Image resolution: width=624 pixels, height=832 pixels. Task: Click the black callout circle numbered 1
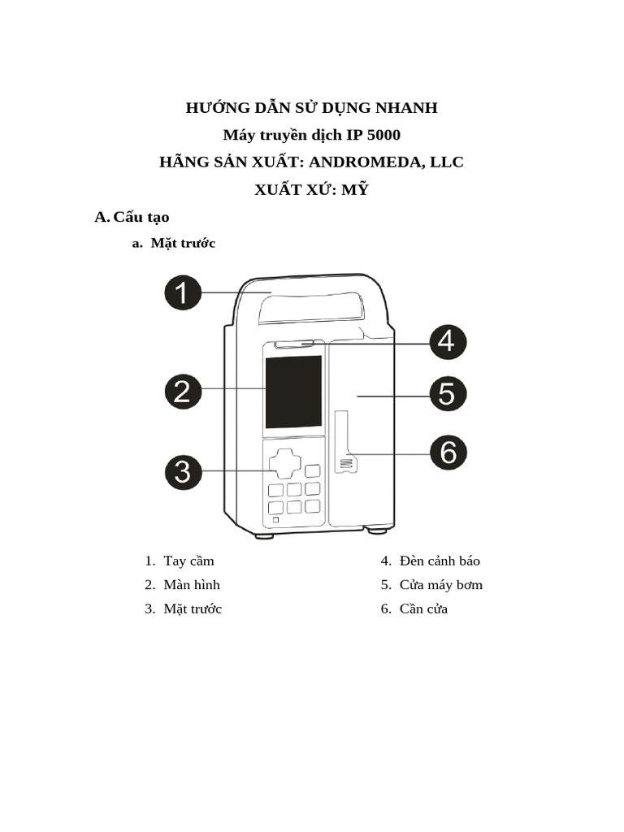coord(184,292)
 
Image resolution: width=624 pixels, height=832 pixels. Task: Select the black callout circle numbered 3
coord(184,472)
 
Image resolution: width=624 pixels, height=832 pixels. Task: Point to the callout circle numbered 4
coord(447,342)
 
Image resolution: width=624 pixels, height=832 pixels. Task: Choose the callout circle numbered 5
coord(447,395)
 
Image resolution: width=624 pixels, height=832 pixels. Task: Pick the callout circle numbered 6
coord(447,453)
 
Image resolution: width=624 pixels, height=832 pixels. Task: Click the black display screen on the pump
coord(293,392)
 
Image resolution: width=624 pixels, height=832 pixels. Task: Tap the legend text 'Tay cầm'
coord(188,561)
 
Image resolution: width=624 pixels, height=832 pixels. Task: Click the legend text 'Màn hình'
coord(192,585)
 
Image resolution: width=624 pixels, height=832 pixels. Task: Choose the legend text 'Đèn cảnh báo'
coord(440,561)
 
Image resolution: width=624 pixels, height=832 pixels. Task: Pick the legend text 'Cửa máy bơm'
coord(441,585)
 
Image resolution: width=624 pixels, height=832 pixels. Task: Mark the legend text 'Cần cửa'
coord(423,609)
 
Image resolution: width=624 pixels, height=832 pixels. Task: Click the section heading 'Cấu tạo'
coord(141,217)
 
